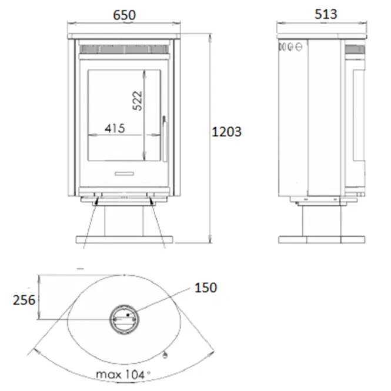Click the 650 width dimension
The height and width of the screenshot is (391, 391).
[124, 15]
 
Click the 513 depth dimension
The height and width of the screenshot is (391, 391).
[326, 14]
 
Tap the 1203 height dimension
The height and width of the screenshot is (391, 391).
[226, 132]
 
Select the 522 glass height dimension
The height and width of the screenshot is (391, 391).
[137, 101]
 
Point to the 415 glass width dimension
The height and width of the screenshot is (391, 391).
[115, 129]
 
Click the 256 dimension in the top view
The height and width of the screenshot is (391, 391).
[24, 300]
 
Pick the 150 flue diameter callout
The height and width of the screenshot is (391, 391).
[206, 288]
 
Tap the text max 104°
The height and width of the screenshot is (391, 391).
[123, 375]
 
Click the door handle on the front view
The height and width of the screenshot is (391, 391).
[165, 139]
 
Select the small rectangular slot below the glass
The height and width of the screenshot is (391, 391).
[124, 173]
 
